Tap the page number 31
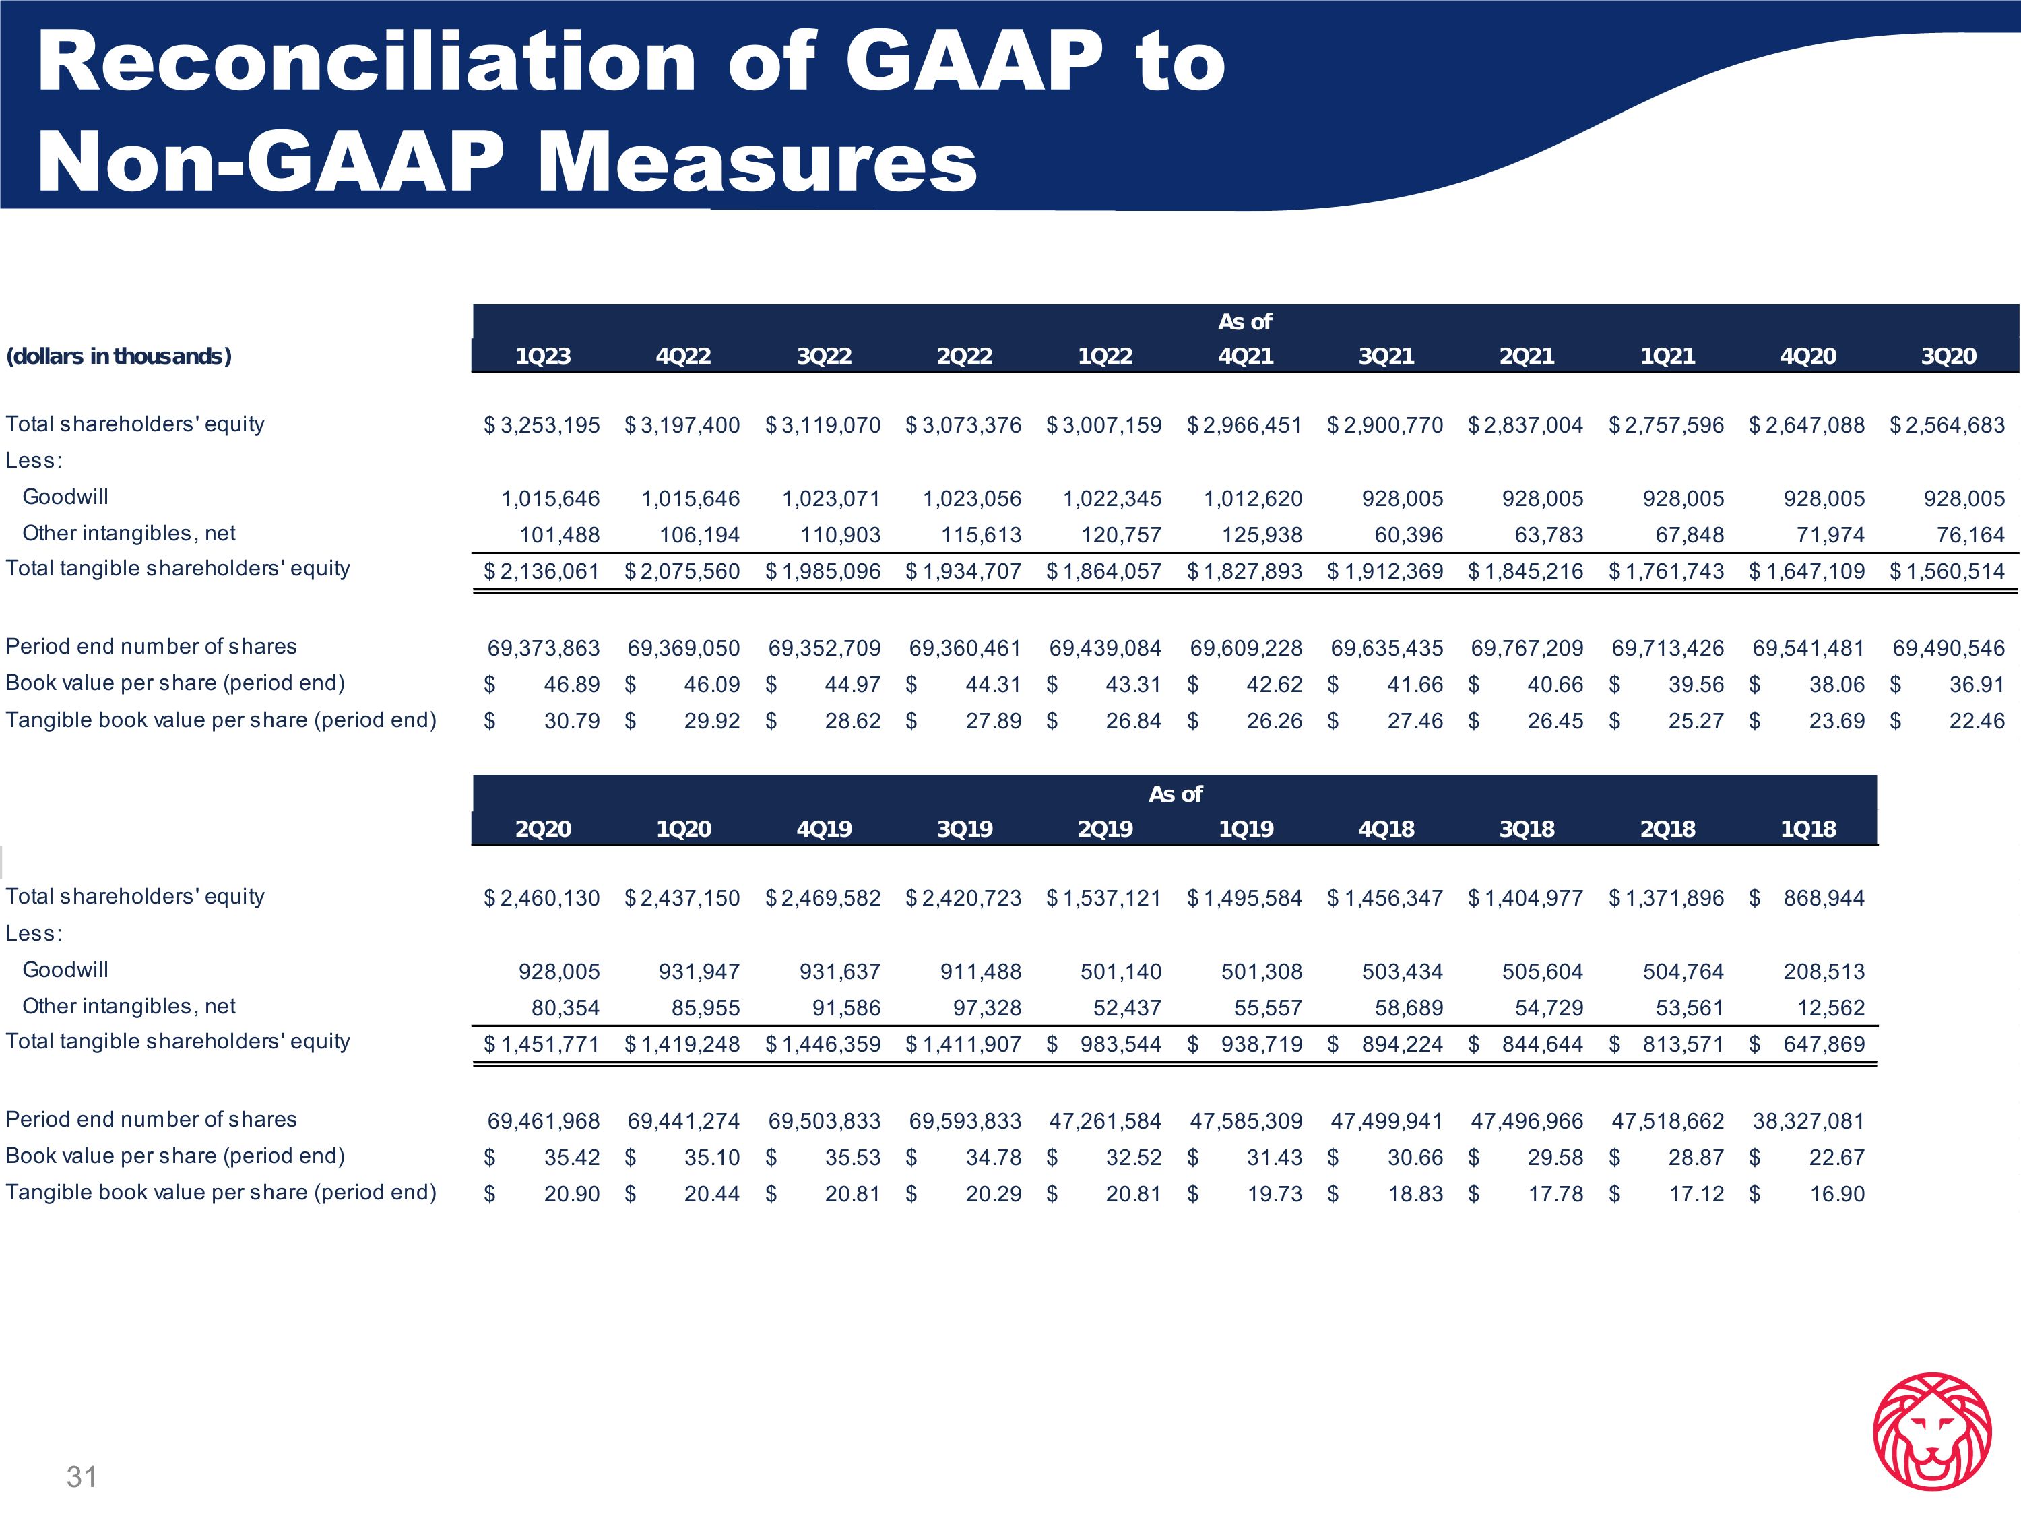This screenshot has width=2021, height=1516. pyautogui.click(x=82, y=1476)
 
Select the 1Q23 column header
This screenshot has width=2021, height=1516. pyautogui.click(x=543, y=356)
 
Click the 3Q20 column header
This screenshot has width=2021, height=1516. pyautogui.click(x=1948, y=356)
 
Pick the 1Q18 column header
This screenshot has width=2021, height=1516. pyautogui.click(x=1807, y=829)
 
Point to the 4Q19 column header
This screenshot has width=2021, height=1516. pyautogui.click(x=824, y=829)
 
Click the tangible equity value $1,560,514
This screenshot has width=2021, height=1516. pyautogui.click(x=1948, y=571)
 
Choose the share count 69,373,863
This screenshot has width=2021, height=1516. pyautogui.click(x=544, y=648)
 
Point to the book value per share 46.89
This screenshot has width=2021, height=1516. pyautogui.click(x=572, y=685)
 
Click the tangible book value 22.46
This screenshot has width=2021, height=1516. pyautogui.click(x=1977, y=721)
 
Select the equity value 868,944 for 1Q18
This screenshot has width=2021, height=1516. pyautogui.click(x=1824, y=898)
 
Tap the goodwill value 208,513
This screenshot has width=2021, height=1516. pyautogui.click(x=1824, y=972)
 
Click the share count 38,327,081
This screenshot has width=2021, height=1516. pyautogui.click(x=1808, y=1120)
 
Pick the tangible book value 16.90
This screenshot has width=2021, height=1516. pyautogui.click(x=1836, y=1193)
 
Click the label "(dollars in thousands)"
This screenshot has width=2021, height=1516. pyautogui.click(x=119, y=356)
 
